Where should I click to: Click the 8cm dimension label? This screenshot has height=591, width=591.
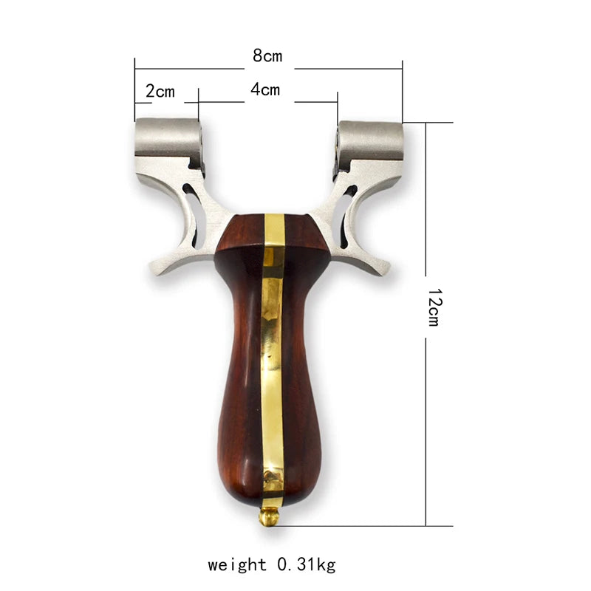point(268,55)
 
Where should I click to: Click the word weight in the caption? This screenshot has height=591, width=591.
point(237,565)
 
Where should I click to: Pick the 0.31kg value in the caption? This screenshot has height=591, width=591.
point(306,565)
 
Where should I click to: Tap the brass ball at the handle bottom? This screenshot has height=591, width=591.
point(269,517)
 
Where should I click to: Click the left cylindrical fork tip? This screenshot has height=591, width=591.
point(165,137)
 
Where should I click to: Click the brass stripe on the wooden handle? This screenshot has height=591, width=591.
point(272,355)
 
